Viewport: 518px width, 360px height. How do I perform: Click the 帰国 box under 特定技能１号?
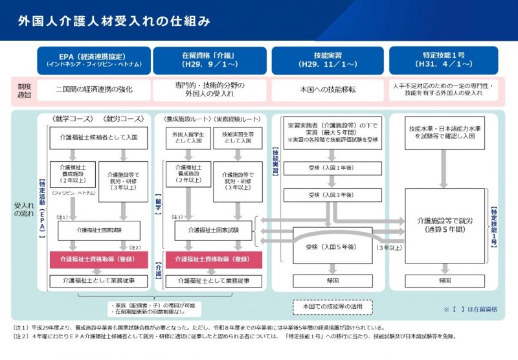445,281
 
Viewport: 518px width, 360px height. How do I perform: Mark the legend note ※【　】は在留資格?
470,309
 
